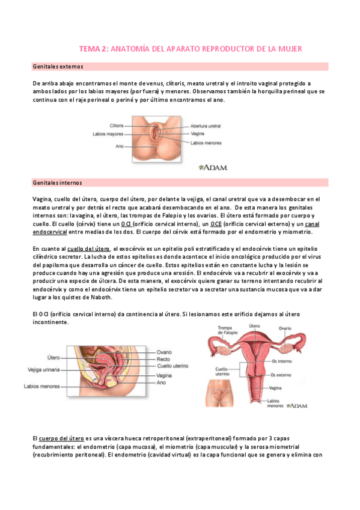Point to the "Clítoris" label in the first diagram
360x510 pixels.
click(x=117, y=126)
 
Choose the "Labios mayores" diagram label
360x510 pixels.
click(x=108, y=134)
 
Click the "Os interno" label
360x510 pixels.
click(x=282, y=345)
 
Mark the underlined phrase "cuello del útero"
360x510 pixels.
click(x=88, y=248)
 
